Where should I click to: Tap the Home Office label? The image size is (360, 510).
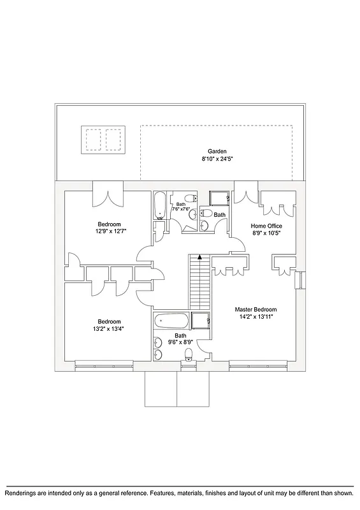tap(266, 226)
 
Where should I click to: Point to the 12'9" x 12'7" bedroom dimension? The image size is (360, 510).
tap(109, 231)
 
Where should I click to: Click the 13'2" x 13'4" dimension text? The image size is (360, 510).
tap(109, 329)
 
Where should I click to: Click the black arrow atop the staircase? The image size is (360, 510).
tap(199, 258)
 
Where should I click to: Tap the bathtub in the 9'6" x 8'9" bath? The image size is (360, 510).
tap(171, 321)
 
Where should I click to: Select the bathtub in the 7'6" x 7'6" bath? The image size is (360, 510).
tap(159, 205)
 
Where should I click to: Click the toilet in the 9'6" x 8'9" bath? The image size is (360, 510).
tap(188, 354)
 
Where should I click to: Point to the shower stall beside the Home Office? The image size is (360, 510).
tap(219, 198)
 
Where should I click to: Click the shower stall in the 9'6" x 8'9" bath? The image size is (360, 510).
tap(200, 321)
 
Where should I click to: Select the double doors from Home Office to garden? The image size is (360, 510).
tap(246, 193)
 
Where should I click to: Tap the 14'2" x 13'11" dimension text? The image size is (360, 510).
tap(258, 316)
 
